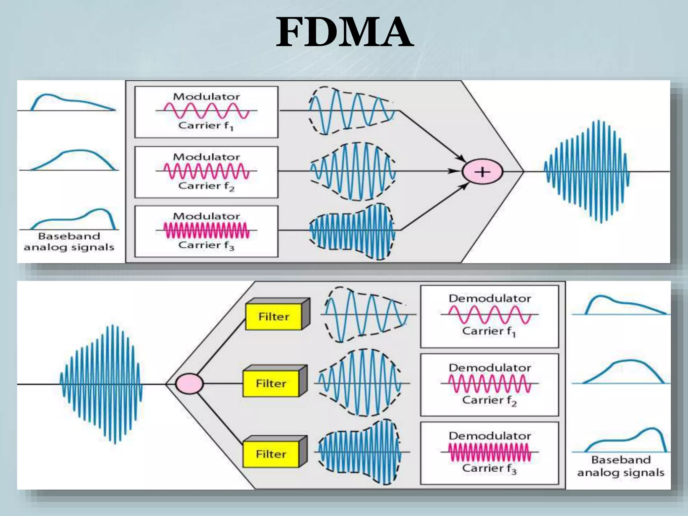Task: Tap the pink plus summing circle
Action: (482, 172)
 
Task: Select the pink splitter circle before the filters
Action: (190, 384)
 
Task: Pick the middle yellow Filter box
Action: (271, 383)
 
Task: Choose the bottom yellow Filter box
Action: (271, 454)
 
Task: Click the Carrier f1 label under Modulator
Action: (206, 126)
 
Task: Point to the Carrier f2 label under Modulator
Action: (206, 186)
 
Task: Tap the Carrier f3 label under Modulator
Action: (206, 246)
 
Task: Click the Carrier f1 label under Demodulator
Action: (489, 332)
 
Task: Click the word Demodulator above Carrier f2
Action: (490, 368)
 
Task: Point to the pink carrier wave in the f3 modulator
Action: (206, 230)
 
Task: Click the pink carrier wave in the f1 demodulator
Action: (489, 315)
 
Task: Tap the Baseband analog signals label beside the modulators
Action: (69, 242)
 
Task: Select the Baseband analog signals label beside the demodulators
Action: (620, 466)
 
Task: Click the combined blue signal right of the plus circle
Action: (586, 172)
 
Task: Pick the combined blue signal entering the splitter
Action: (101, 384)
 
